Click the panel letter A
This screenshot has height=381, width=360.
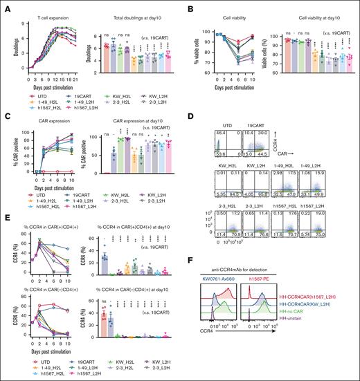(x=5, y=5)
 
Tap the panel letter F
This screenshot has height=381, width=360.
(x=226, y=279)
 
